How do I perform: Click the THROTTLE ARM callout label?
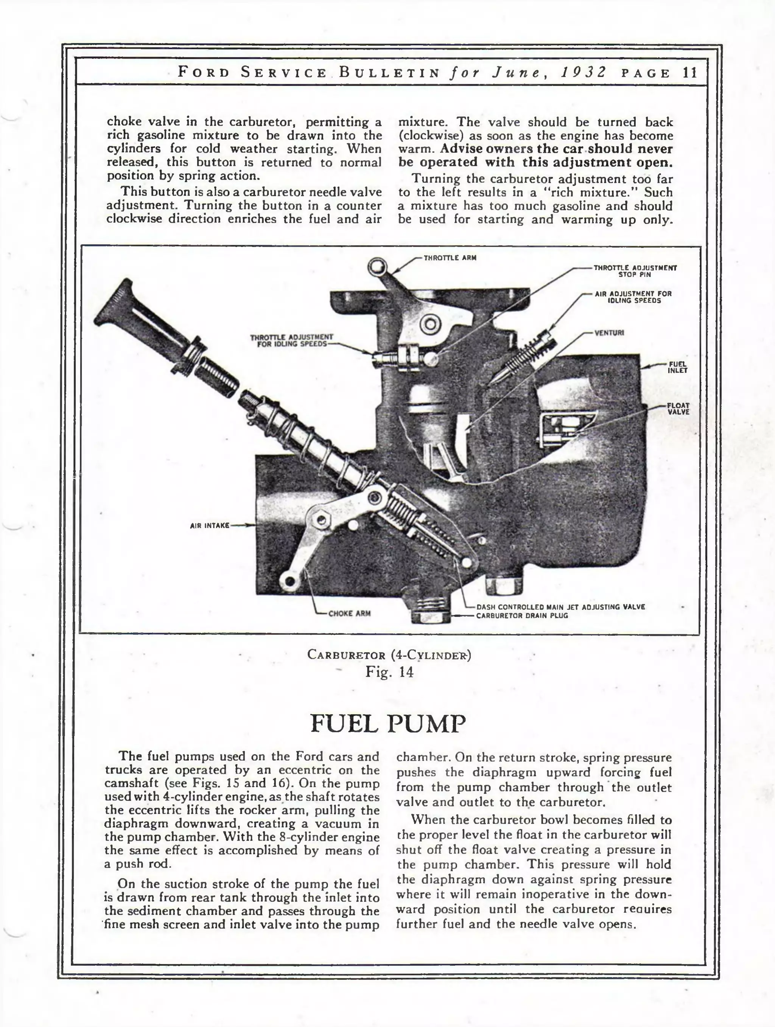coord(450,258)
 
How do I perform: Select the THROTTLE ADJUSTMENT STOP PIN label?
coord(635,271)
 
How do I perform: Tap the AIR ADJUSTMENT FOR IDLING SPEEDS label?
coord(633,297)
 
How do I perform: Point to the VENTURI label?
coord(609,332)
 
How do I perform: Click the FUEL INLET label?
coord(677,367)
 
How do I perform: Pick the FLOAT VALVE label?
coord(678,409)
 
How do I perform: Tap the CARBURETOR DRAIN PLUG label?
coord(522,616)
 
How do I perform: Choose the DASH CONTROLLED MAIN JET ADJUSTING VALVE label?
coord(560,607)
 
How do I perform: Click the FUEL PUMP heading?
coord(387,723)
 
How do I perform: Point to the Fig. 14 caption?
coord(389,672)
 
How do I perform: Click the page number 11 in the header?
coord(689,73)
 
